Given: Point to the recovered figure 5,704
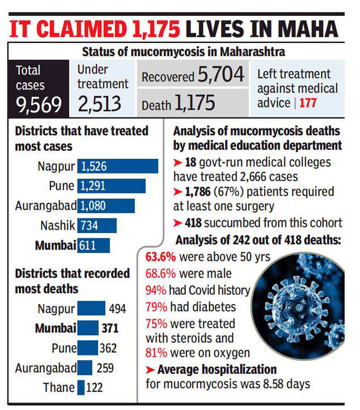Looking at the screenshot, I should point(217,74).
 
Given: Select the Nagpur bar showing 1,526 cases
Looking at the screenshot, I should point(117,167).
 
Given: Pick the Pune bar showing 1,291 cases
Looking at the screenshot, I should point(111,186).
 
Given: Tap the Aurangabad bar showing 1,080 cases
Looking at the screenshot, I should point(106,205).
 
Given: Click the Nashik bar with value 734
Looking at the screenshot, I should point(96,225).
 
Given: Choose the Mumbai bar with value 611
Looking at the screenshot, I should point(94,245).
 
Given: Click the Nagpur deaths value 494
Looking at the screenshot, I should point(117,309).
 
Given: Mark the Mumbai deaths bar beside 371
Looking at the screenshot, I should point(88,328).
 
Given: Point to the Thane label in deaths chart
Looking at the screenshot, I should point(58,387).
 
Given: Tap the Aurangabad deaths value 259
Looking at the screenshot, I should point(105,367).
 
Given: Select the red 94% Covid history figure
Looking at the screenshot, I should point(155,290).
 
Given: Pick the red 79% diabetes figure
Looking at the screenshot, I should point(155,306).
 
